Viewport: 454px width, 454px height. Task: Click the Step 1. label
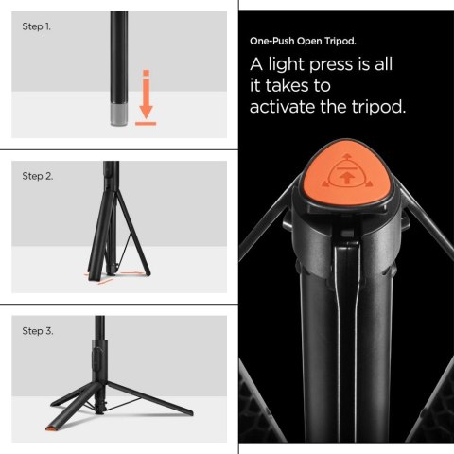point(37,26)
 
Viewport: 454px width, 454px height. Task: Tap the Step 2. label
point(38,177)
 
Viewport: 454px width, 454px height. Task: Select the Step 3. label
point(38,331)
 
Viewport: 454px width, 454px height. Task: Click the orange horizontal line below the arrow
point(145,121)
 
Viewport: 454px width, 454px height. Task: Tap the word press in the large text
point(351,66)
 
